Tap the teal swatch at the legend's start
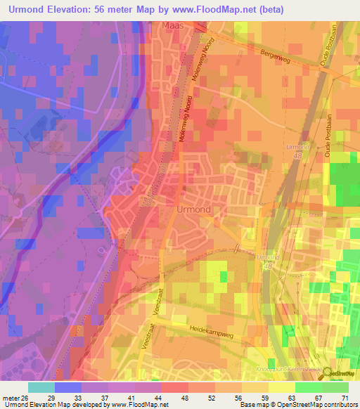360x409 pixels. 41,387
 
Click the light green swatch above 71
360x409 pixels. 335,387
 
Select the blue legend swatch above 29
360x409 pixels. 68,387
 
